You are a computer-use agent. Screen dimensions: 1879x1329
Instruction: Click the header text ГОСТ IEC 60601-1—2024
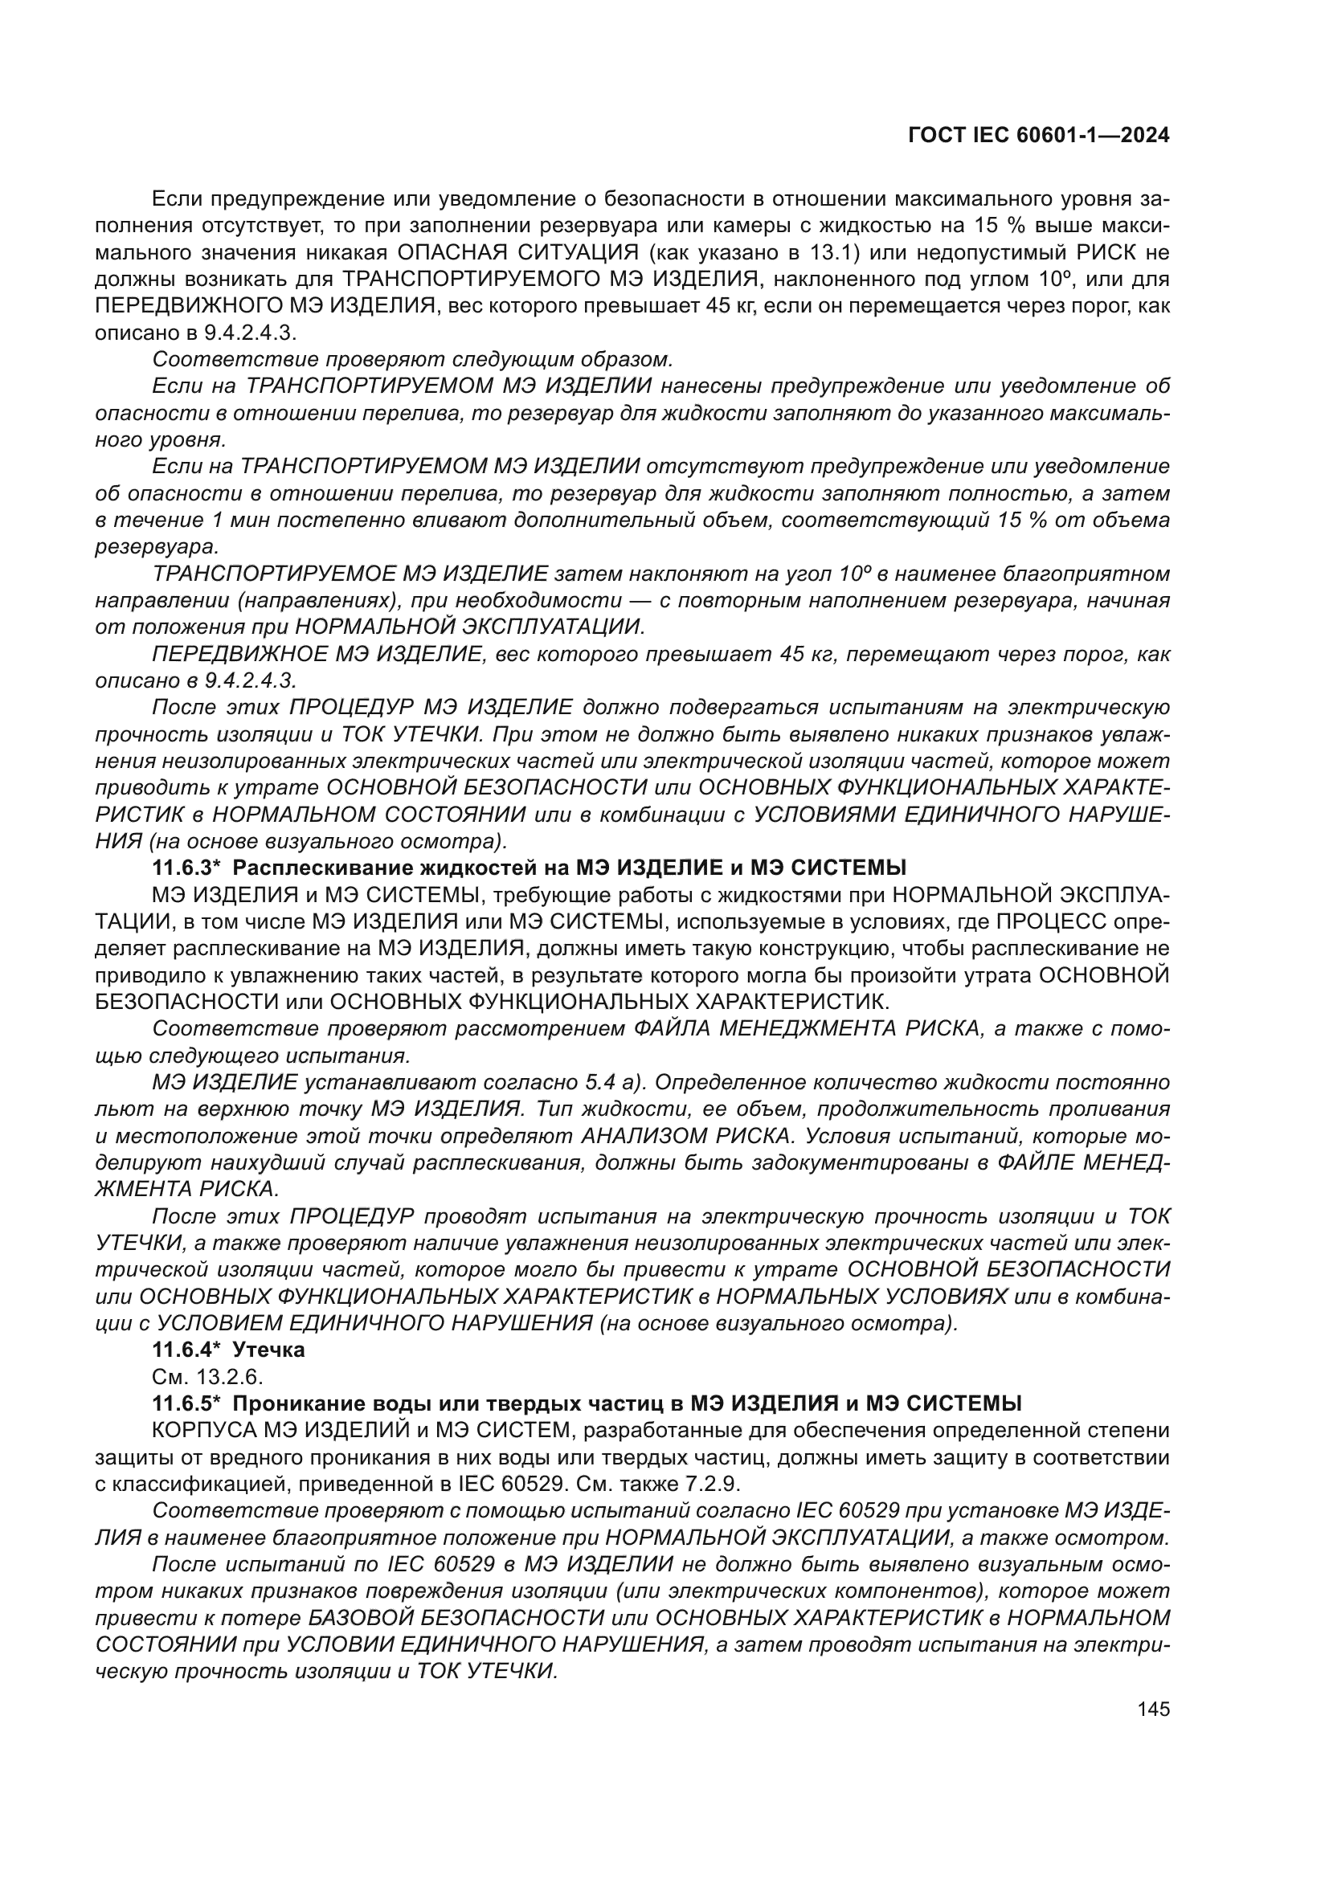click(x=1038, y=136)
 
